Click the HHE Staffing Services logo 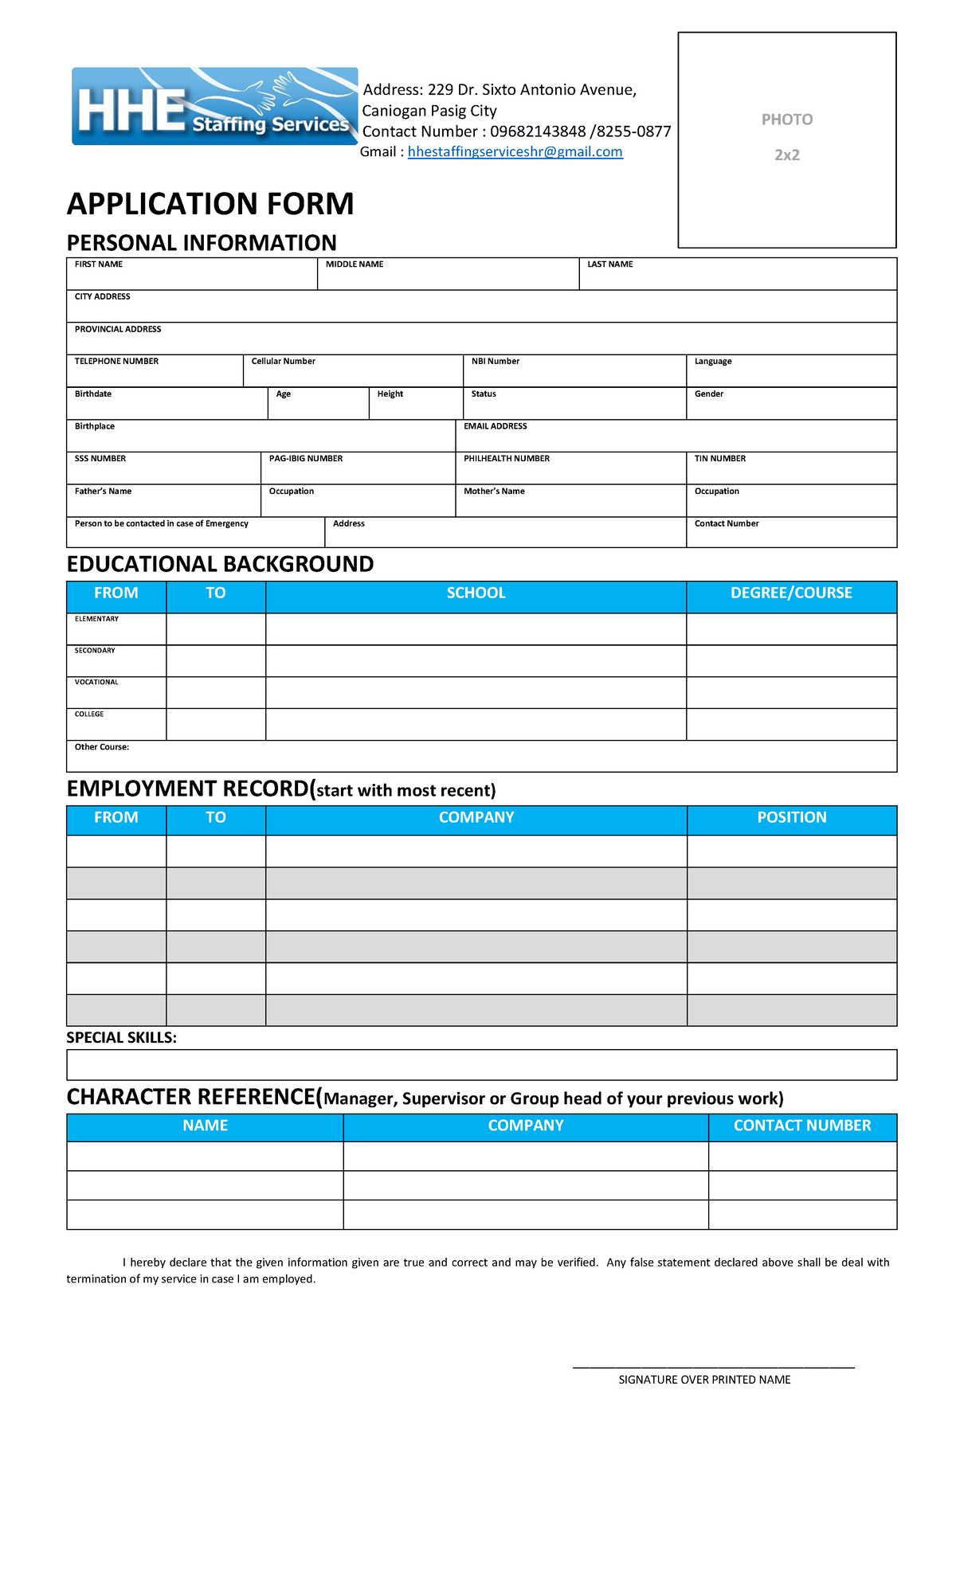point(214,107)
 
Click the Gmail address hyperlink point(515,152)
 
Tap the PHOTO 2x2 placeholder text point(786,137)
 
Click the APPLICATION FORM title point(210,204)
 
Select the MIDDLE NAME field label point(355,264)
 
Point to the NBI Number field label point(495,362)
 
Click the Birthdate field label point(93,394)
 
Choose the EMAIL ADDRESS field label point(495,427)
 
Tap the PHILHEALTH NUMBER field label point(507,459)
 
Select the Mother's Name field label point(494,491)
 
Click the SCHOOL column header point(476,593)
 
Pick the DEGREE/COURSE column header point(791,593)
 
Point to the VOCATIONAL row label point(96,683)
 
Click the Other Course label point(102,747)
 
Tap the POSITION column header point(791,818)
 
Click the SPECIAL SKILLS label point(121,1038)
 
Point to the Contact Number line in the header point(516,131)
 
